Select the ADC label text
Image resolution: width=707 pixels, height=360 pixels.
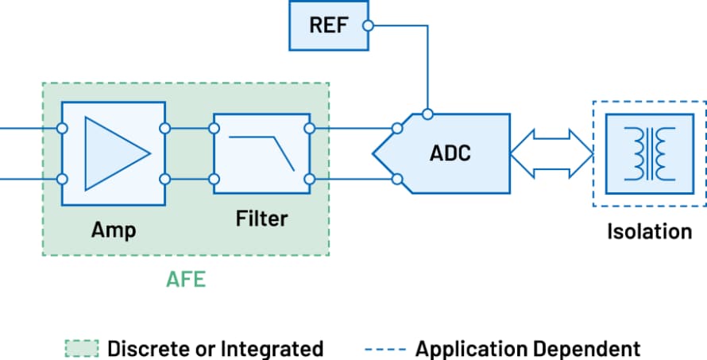(x=450, y=153)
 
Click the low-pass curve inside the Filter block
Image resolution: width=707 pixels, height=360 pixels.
(x=261, y=152)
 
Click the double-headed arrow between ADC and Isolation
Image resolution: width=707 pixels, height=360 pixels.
(x=551, y=153)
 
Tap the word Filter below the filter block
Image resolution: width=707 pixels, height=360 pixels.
(x=261, y=218)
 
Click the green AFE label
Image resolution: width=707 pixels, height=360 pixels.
(x=186, y=280)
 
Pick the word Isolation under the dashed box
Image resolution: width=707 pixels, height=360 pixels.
(x=649, y=232)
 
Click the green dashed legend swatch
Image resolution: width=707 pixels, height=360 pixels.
(x=81, y=348)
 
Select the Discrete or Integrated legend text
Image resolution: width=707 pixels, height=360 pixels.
(x=215, y=348)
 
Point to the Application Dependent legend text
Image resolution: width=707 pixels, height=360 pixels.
(x=527, y=348)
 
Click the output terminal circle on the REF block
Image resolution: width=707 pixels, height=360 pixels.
(x=367, y=25)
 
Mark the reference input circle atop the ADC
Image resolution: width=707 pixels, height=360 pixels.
(x=427, y=114)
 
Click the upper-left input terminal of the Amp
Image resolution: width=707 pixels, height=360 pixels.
(x=62, y=128)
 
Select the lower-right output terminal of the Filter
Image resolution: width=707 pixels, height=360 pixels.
(x=309, y=179)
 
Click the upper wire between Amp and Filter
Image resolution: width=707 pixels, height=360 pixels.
(x=189, y=128)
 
